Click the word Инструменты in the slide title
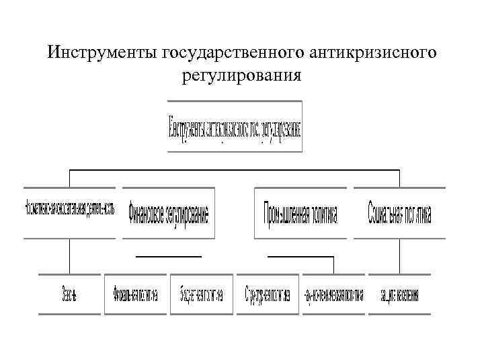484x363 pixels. click(x=102, y=52)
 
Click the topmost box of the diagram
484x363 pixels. click(x=235, y=126)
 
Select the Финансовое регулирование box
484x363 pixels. click(x=167, y=212)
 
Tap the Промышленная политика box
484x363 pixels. click(x=300, y=212)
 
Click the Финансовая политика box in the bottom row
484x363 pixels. click(x=135, y=294)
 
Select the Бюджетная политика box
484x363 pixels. click(x=201, y=294)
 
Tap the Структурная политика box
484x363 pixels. click(x=268, y=294)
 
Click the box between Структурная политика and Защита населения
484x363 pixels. click(x=333, y=294)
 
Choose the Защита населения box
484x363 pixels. click(x=400, y=294)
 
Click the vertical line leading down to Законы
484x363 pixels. click(x=69, y=255)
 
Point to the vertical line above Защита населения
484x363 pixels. click(x=401, y=255)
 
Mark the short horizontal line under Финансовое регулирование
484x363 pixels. click(x=168, y=256)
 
